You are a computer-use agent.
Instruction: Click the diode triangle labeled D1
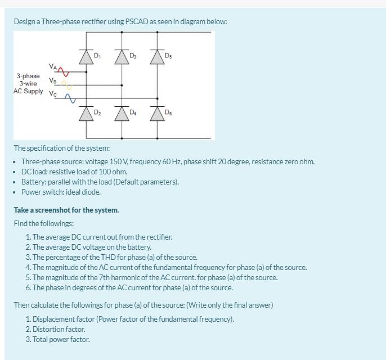[86, 56]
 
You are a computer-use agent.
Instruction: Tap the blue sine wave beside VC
[70, 99]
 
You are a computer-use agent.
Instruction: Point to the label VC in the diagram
[53, 94]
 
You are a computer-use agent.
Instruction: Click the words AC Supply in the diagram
[28, 91]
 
